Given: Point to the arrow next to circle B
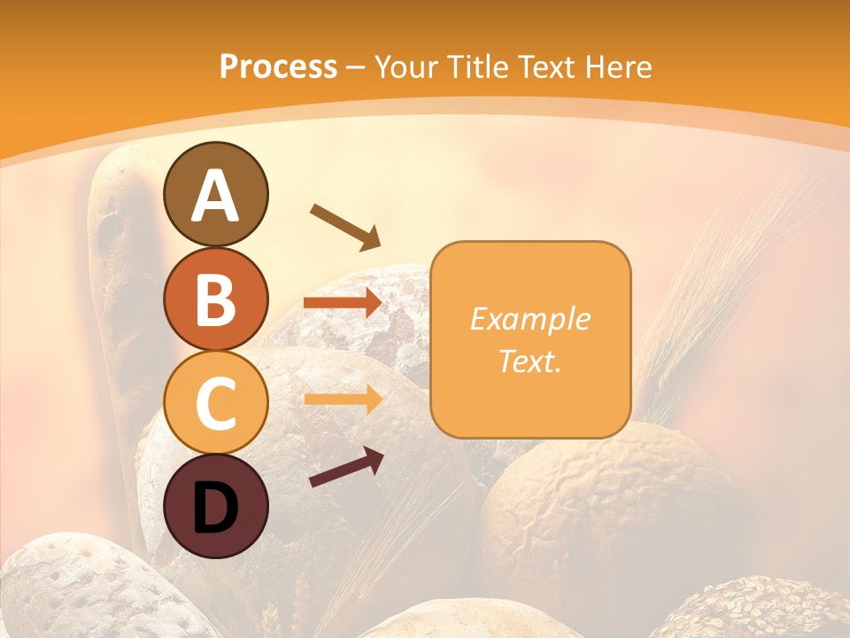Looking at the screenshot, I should click(x=343, y=303).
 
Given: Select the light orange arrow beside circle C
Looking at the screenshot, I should click(x=343, y=400).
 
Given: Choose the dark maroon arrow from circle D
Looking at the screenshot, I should click(x=346, y=467).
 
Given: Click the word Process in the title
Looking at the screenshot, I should click(x=278, y=66).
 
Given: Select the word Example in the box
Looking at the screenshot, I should click(x=529, y=319).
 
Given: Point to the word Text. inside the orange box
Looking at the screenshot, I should click(x=529, y=362).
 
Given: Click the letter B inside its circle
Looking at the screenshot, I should click(x=215, y=300).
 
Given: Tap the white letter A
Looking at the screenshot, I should click(x=215, y=195).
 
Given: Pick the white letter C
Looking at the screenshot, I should click(x=215, y=403).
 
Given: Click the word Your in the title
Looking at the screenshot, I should click(x=403, y=66).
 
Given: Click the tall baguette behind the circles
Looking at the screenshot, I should click(x=120, y=292).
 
